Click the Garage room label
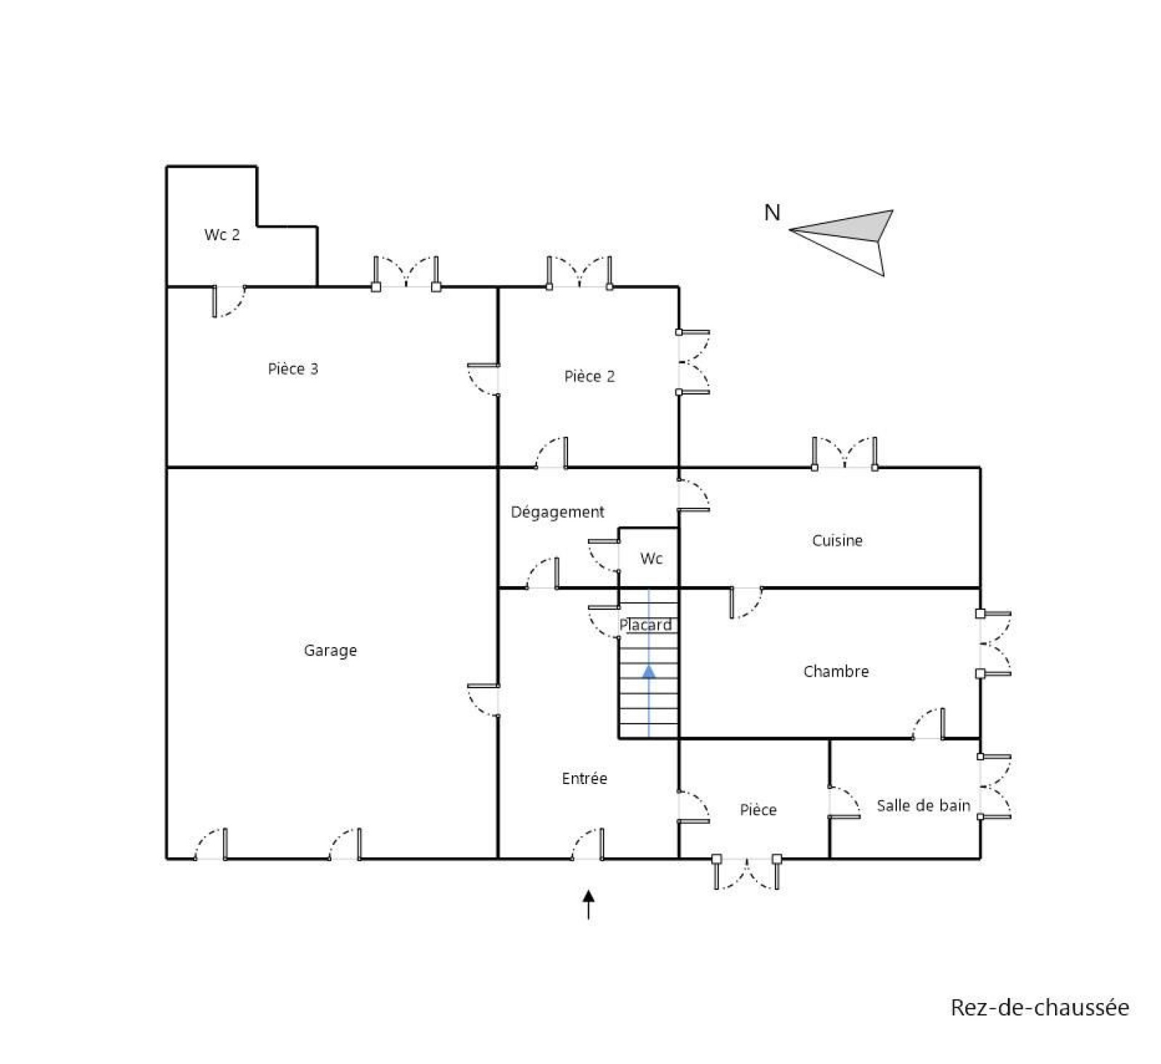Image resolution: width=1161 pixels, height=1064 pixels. click(x=330, y=651)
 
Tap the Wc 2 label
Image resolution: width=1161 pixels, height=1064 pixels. click(x=222, y=235)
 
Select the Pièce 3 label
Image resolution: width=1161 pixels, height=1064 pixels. click(x=293, y=369)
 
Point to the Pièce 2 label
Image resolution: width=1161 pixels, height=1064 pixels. click(x=589, y=376)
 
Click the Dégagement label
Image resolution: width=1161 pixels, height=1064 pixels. click(x=557, y=512)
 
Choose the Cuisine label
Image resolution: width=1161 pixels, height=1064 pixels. click(x=837, y=540)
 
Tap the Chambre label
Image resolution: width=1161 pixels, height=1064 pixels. click(x=836, y=672)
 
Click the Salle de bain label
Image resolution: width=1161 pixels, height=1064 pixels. click(x=923, y=805)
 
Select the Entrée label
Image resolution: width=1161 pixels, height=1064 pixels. click(x=584, y=778)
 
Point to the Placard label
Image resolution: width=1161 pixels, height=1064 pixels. click(x=645, y=624)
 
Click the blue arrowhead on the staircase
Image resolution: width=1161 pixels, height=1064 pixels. click(x=649, y=672)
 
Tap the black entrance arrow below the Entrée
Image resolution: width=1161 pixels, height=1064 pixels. click(x=588, y=904)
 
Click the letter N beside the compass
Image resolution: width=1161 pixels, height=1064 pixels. click(x=772, y=213)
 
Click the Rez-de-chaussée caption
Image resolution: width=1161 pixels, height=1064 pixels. click(x=1040, y=1007)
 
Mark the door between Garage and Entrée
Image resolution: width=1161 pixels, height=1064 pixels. click(x=483, y=700)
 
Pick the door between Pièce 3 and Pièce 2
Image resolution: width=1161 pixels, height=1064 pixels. click(x=483, y=379)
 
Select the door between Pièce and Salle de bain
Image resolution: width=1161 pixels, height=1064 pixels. click(x=844, y=801)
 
